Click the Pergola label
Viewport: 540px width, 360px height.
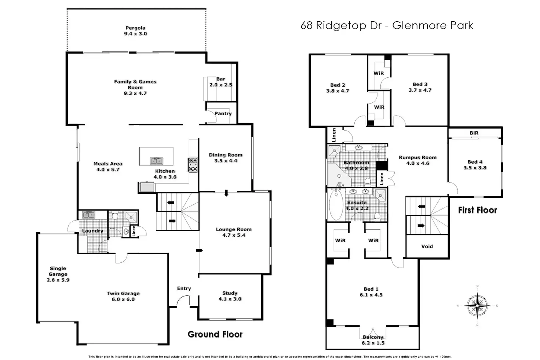[135, 28]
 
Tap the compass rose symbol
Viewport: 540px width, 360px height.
[477, 305]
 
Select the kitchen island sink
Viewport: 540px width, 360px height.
[156, 161]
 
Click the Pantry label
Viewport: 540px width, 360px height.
[223, 113]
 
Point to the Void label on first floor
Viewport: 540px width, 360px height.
[427, 246]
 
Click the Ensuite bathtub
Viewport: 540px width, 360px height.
[336, 205]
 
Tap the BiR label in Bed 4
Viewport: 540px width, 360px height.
[474, 133]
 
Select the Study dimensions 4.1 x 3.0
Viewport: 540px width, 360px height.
[230, 299]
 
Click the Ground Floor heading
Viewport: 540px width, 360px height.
[215, 334]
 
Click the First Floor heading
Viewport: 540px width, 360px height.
[477, 210]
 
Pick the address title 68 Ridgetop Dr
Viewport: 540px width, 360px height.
[387, 25]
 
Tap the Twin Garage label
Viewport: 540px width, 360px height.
[123, 293]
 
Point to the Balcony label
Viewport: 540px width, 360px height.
[373, 337]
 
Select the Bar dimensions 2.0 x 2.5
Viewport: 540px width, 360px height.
[221, 85]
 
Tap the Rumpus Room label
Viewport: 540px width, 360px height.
[417, 157]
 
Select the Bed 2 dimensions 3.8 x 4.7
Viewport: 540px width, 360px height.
[337, 91]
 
